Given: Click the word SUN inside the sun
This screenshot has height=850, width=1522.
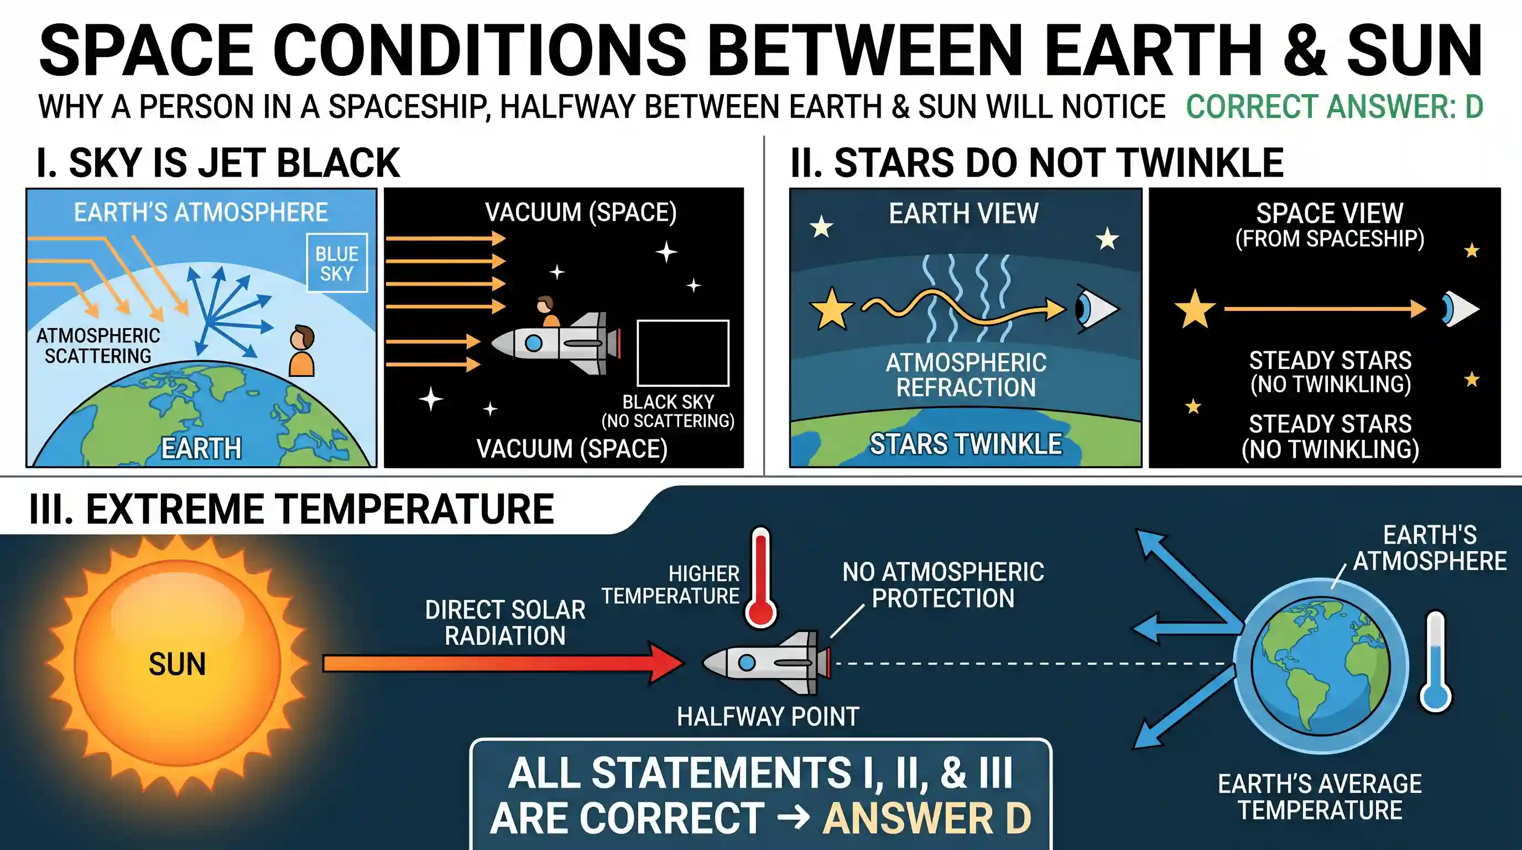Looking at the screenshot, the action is (176, 664).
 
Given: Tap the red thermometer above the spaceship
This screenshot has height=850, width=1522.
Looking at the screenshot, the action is (760, 578).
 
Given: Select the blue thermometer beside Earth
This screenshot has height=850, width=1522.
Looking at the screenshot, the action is (1435, 661).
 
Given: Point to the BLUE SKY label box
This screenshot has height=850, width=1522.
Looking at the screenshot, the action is (337, 263).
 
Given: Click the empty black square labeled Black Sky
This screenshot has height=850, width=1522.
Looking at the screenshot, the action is (683, 354).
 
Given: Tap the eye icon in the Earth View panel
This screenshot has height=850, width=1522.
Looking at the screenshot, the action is (1096, 309).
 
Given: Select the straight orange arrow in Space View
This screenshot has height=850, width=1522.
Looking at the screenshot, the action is (1325, 309).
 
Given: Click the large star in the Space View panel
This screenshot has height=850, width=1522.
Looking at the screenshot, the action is (1195, 309).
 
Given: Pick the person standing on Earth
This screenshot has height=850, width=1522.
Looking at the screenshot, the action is (302, 351).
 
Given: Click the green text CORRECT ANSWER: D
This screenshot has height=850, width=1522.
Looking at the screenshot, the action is (1335, 106).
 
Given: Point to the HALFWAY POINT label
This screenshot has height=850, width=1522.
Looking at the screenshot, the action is (768, 717).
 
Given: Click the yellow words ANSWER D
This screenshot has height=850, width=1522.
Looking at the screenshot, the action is (926, 818).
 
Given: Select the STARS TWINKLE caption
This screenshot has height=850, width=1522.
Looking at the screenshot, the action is (966, 444).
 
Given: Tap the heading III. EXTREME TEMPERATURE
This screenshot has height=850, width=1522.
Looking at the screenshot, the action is (291, 509).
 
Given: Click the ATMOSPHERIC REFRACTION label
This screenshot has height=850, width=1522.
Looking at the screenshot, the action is (966, 375).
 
